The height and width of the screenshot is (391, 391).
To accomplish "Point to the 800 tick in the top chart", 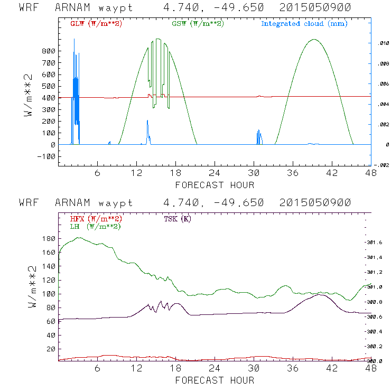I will point(49,51).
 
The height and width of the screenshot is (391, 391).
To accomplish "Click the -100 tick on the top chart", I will point(46,156).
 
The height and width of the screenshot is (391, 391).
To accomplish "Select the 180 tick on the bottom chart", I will point(49,239).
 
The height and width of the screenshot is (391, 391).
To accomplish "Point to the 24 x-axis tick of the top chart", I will point(215,173).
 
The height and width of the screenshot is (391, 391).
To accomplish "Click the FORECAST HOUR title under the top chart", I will point(215,185).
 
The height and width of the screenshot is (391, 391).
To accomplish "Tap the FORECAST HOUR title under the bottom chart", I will point(215,380).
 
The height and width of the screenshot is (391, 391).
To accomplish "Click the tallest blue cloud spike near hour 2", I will point(74,39).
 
